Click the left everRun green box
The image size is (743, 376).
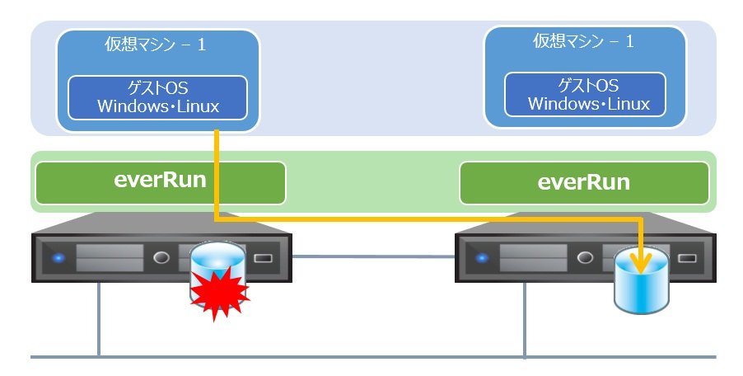160,182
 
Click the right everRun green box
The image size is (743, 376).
583,182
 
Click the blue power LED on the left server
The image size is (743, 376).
58,258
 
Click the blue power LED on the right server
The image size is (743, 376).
481,258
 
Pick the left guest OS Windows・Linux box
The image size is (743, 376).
157,96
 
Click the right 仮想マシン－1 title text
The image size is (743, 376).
584,41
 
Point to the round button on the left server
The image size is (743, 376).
162,258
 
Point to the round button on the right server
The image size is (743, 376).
586,258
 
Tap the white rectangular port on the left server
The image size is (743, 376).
263,258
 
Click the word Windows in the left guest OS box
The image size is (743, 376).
130,106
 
